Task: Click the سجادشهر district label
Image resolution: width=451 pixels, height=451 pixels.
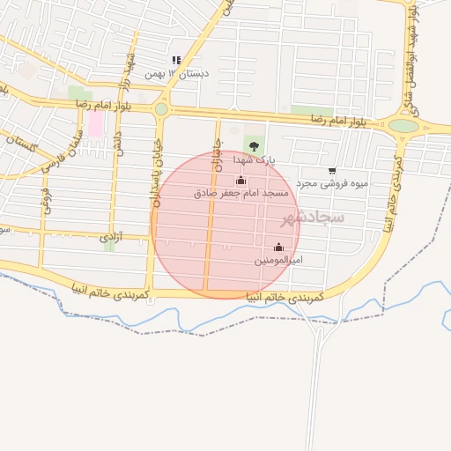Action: [314, 216]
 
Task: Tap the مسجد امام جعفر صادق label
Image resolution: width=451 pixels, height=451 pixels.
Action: [240, 192]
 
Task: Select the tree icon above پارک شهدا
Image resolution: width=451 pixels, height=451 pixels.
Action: [254, 147]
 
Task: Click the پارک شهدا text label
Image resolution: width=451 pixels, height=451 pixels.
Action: [255, 161]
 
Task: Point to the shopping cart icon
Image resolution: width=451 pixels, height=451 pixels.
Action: [332, 171]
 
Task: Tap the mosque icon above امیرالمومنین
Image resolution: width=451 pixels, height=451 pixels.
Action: [279, 248]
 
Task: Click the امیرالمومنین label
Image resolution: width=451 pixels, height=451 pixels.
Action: [279, 261]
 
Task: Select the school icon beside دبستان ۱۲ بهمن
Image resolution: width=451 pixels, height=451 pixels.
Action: [176, 61]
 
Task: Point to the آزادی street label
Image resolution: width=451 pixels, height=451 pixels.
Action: [110, 237]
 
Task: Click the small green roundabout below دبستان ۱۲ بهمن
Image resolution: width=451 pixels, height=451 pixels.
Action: [160, 109]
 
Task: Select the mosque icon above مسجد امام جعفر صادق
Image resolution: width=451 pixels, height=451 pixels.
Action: [240, 180]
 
